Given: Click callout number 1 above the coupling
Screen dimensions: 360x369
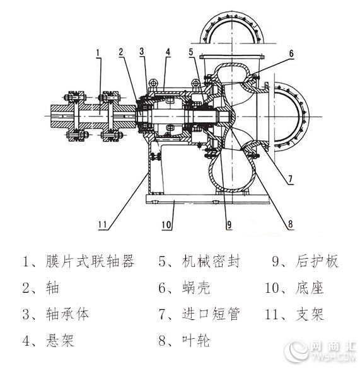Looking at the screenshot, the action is [x=98, y=52].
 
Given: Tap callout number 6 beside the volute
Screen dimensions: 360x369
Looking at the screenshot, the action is [x=291, y=54].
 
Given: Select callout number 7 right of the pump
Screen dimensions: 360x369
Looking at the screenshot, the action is [x=290, y=179].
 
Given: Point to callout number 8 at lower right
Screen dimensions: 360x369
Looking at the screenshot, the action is [x=290, y=224].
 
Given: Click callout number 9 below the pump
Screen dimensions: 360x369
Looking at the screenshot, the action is [x=229, y=225].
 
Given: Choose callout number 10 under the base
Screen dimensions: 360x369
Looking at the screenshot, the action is [x=166, y=225].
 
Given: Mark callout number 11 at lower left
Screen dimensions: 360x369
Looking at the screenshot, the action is [x=103, y=225].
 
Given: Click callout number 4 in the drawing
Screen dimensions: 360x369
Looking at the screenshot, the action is [x=168, y=52].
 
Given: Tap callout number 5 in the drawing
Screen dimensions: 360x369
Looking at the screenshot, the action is [x=191, y=52].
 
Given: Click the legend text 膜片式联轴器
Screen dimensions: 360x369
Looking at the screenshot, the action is [x=90, y=261].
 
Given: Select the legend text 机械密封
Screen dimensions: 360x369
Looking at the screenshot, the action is [x=211, y=261].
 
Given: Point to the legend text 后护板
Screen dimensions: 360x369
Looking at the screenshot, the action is [x=317, y=261].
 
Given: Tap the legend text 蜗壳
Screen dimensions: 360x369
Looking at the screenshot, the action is [x=196, y=288].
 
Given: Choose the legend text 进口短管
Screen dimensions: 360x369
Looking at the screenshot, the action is [x=211, y=314].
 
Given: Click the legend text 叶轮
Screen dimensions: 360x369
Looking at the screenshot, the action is [x=196, y=340].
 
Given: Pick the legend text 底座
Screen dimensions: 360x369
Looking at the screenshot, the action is [x=310, y=288].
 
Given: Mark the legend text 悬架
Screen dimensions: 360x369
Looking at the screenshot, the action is [x=60, y=340].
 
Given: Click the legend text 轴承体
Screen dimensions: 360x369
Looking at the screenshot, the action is [x=67, y=314].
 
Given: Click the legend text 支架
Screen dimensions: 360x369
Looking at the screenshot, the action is [x=310, y=314].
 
